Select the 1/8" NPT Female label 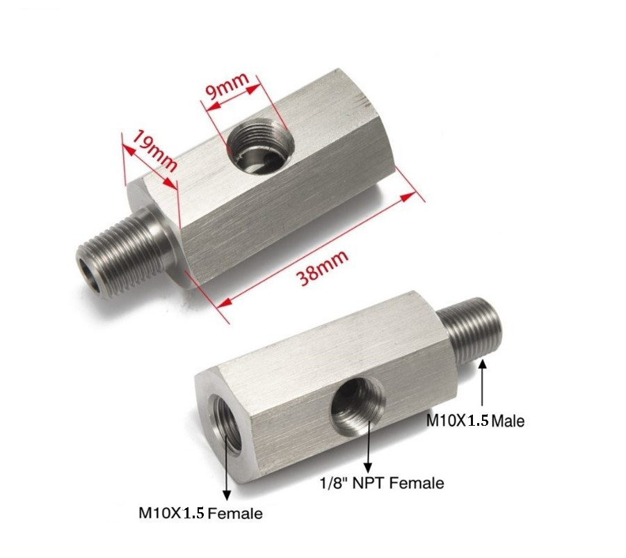381,482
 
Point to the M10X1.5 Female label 201,513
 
